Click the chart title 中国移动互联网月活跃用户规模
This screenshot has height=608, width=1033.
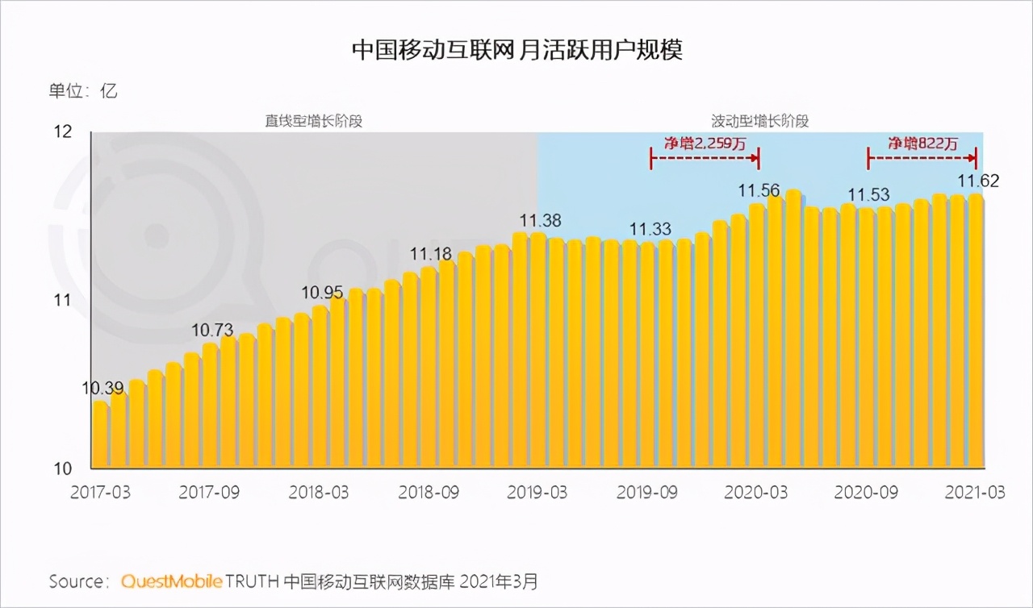click(516, 50)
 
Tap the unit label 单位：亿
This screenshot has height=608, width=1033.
click(83, 90)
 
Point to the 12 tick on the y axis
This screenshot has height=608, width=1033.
click(62, 132)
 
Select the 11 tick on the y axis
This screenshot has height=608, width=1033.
click(62, 301)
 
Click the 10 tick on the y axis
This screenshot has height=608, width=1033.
click(62, 468)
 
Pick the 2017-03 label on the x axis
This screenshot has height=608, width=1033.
click(100, 493)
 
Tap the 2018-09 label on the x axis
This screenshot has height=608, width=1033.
click(428, 493)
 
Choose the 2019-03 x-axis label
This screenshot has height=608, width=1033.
click(537, 493)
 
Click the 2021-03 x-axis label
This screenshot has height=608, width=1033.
click(975, 493)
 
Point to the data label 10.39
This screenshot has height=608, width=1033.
click(102, 388)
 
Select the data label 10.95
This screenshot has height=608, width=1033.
click(323, 291)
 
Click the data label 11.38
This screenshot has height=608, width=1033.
click(540, 219)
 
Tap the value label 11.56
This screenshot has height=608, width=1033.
click(759, 190)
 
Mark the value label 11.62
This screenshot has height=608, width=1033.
click(978, 181)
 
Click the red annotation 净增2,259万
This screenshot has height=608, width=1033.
click(705, 144)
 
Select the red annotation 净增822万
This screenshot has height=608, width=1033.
click(923, 144)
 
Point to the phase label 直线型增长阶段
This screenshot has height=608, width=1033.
click(314, 121)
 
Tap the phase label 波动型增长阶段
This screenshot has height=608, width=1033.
click(759, 121)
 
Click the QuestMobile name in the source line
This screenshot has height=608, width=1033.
click(171, 581)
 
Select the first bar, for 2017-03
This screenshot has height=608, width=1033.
click(100, 435)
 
